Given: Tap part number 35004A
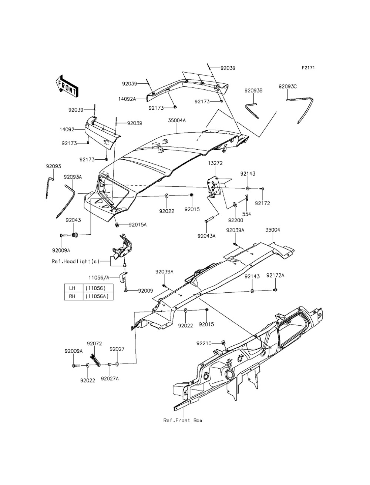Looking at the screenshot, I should click(177, 121).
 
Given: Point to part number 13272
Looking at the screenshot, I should click(215, 163).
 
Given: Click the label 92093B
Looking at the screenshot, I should click(253, 90).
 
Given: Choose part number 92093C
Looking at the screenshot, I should click(298, 86).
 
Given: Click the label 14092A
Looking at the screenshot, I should click(127, 99).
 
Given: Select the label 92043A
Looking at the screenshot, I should click(206, 236).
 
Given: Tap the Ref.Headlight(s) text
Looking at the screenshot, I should click(75, 261).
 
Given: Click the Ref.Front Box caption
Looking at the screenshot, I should click(183, 420).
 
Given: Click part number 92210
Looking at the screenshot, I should click(204, 343).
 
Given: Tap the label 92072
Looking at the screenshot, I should click(94, 344).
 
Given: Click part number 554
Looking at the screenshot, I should click(246, 214).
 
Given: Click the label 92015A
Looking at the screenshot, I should click(138, 225).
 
